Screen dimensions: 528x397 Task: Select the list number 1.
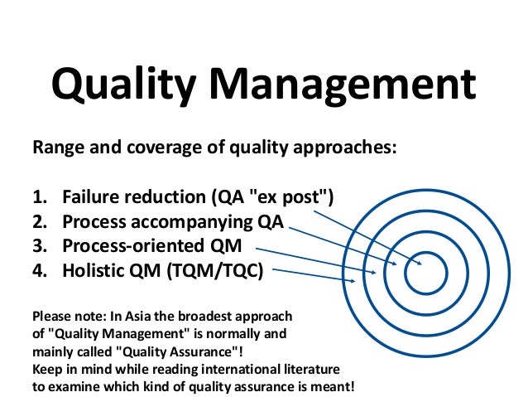coord(36,197)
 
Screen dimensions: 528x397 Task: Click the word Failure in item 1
coord(91,197)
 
